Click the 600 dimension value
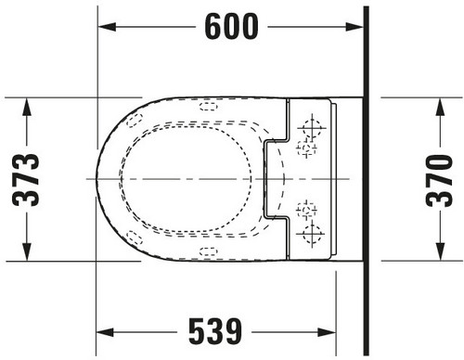231,27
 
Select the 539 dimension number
215,332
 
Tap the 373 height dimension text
26,180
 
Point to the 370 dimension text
439,181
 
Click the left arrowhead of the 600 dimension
107,27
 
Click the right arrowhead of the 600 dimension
354,27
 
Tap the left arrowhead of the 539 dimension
105,332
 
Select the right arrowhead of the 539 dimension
327,332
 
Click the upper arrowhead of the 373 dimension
27,107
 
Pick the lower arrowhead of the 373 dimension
27,251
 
